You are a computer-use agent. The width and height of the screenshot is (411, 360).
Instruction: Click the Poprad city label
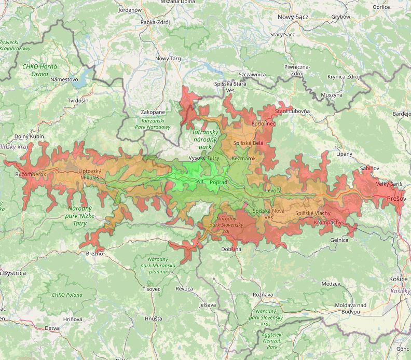coord(218,182)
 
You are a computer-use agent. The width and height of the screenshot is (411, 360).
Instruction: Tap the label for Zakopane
coord(153,112)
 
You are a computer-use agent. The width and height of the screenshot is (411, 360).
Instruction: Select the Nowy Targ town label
coord(168,59)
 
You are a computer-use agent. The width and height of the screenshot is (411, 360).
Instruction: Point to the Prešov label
coord(396,199)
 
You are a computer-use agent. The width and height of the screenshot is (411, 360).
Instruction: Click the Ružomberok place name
coord(31,174)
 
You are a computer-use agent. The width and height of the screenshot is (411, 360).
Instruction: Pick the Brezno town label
coord(94,254)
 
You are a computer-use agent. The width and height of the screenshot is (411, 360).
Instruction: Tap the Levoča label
coord(273,191)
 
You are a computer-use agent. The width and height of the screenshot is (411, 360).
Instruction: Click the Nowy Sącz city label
coord(293,17)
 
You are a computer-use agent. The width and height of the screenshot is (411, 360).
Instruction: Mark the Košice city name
coord(398,279)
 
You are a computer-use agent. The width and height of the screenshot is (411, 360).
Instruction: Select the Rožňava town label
coord(263,295)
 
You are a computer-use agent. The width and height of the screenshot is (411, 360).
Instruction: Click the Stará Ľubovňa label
coord(292,111)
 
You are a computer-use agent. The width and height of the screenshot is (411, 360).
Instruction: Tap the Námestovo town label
coord(64,79)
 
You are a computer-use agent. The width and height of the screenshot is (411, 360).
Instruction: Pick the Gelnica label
coord(339,240)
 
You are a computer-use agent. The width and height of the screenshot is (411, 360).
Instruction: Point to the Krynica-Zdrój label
coord(344,77)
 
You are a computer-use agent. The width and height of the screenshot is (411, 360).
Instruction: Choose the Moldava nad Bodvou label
coord(351,308)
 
